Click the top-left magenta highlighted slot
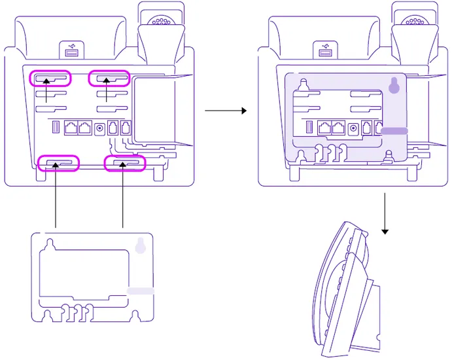click(50, 79)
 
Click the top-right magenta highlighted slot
click(109, 79)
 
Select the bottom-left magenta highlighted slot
click(59, 162)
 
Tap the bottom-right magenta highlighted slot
click(125, 163)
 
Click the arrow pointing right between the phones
click(226, 111)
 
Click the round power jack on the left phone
click(100, 128)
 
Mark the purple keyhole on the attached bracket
click(393, 86)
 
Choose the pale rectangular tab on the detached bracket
click(141, 289)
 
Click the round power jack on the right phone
click(354, 128)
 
